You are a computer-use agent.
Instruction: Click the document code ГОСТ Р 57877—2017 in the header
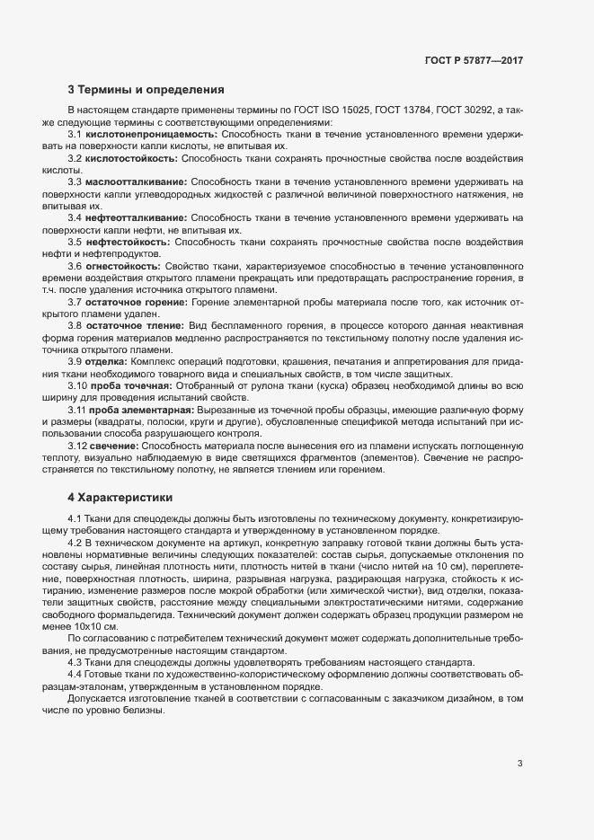click(x=474, y=60)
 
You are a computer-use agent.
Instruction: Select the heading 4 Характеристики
click(x=120, y=497)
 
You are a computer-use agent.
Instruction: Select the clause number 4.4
click(x=75, y=672)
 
